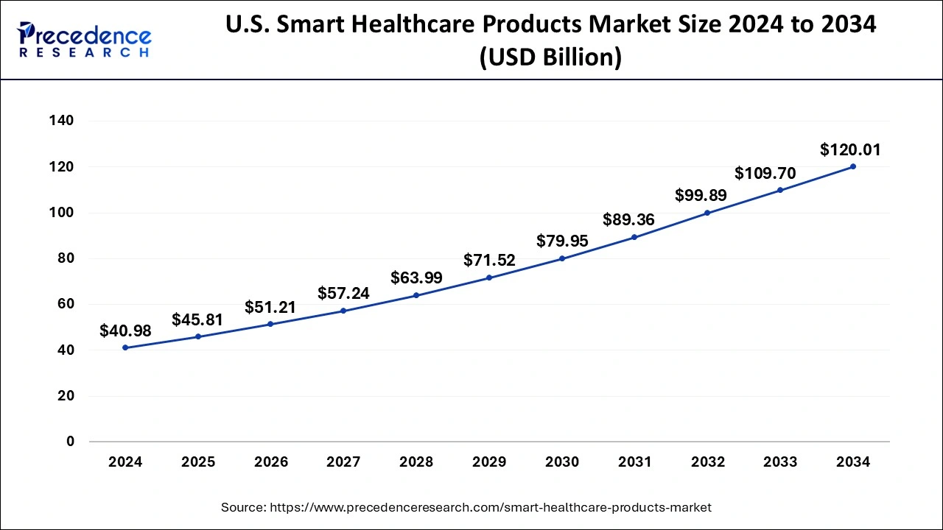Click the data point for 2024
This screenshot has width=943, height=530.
point(125,347)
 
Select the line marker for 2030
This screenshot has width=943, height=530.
point(562,258)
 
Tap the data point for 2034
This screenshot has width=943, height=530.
point(853,166)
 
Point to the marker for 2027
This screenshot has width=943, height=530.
point(343,311)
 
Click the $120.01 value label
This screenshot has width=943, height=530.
point(850,150)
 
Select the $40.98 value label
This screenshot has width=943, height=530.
point(125,331)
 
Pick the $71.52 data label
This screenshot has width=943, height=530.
point(489,261)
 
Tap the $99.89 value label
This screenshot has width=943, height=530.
point(701,196)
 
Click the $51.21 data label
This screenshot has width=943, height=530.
point(270,308)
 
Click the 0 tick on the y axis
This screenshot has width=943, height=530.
point(70,442)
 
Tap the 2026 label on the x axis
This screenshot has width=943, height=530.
point(271,462)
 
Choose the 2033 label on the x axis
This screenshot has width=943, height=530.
point(780,462)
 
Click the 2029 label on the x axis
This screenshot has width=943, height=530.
point(489,462)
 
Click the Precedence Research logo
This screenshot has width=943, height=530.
point(85,40)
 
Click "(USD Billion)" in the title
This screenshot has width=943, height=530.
point(550,57)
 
